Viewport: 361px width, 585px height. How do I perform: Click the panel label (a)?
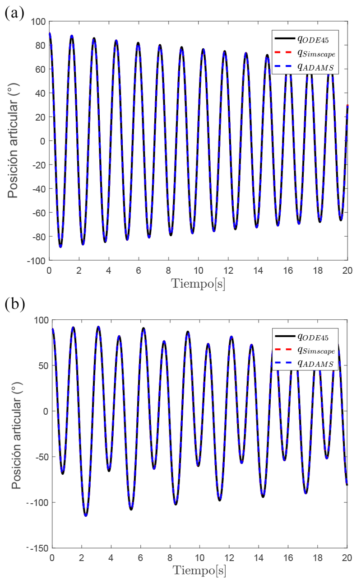coord(12,12)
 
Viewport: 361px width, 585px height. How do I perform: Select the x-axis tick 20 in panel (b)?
coord(347,558)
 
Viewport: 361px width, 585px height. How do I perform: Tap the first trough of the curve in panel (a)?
coord(60,247)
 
